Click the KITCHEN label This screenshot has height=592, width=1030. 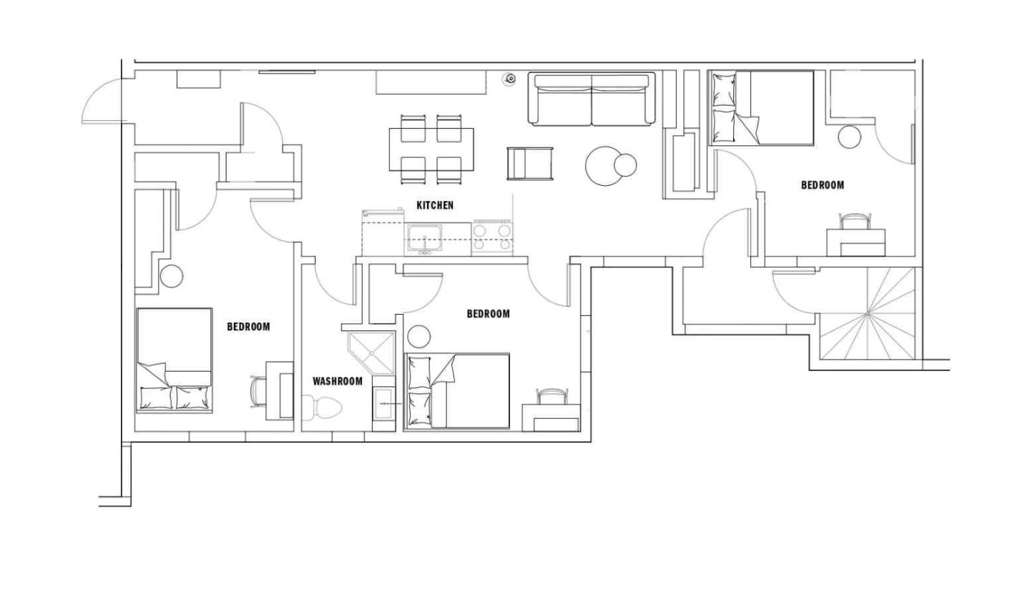(435, 205)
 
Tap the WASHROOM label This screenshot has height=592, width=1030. (337, 381)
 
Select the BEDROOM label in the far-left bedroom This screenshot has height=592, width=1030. (248, 327)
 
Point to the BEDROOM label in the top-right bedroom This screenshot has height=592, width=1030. (822, 185)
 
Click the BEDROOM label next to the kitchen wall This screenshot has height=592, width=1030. (488, 314)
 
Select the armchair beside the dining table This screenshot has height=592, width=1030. (530, 163)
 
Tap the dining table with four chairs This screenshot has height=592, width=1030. (431, 149)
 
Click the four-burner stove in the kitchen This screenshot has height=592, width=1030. (492, 238)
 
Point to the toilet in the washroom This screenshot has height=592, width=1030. (323, 409)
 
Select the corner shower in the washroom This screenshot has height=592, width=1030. (372, 352)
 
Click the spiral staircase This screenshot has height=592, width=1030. (867, 315)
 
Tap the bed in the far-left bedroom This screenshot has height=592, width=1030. (174, 360)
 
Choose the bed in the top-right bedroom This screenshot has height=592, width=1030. (761, 107)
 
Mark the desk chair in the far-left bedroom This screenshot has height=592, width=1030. (257, 392)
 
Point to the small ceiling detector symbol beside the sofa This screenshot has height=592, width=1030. (510, 79)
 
